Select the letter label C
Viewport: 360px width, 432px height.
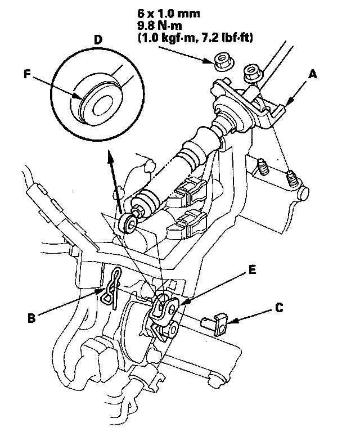(x=279, y=308)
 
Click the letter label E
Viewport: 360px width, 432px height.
(x=252, y=270)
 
